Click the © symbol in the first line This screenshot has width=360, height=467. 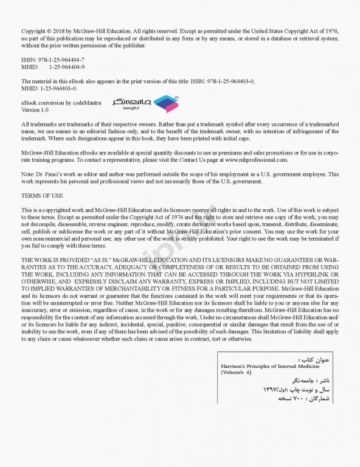pos(50,30)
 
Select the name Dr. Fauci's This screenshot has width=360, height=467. pos(46,174)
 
